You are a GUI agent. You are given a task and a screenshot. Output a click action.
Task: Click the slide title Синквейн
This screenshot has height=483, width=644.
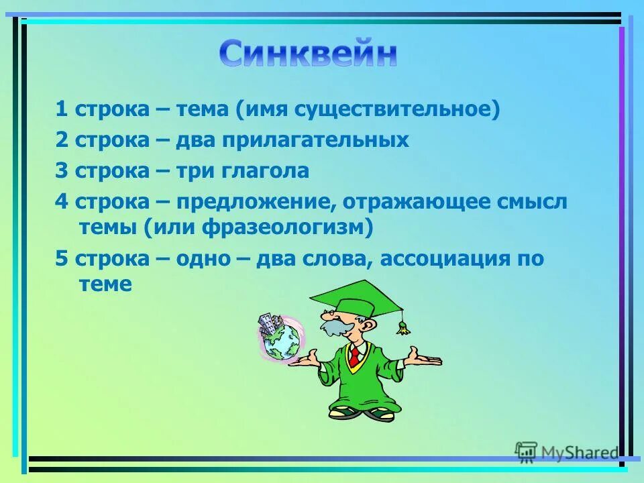[x=308, y=54]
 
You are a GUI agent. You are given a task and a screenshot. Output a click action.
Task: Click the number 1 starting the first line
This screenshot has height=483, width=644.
[x=61, y=109]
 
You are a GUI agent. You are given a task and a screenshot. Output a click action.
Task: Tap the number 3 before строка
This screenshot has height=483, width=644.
[x=61, y=171]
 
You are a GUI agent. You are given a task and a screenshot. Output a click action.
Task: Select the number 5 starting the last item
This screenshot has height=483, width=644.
[x=61, y=259]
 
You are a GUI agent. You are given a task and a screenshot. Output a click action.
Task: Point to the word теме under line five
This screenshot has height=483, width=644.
[x=105, y=284]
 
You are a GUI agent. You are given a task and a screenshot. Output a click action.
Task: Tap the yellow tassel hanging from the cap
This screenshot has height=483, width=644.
[x=402, y=327]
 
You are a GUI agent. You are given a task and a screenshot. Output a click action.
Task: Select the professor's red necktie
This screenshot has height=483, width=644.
[x=354, y=356]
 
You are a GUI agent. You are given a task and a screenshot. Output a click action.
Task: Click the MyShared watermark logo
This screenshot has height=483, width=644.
[x=567, y=453]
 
